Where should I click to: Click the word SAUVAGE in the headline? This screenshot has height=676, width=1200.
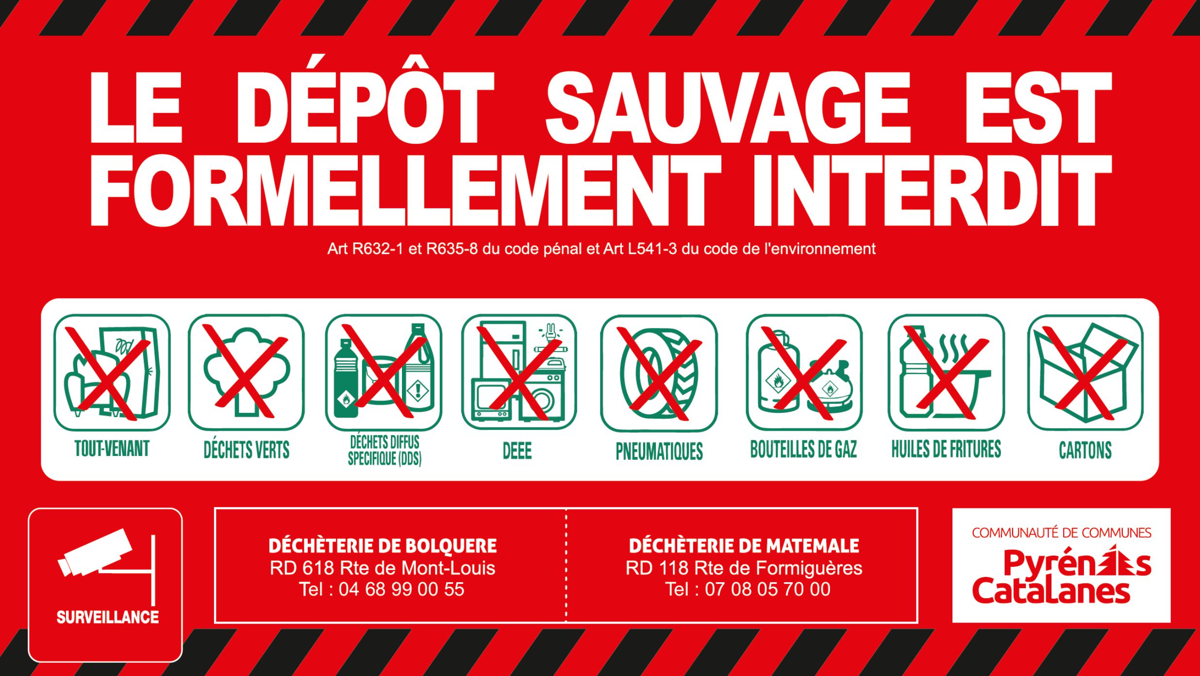click(x=728, y=108)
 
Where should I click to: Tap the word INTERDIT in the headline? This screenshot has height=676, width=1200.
click(x=932, y=191)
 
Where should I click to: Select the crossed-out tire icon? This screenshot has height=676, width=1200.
click(x=659, y=372)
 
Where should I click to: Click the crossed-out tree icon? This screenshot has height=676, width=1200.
click(x=246, y=372)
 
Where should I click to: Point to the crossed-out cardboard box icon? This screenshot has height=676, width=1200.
click(x=1085, y=372)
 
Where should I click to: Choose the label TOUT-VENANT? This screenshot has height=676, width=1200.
click(x=112, y=449)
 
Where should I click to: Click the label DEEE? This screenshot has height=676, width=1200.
click(x=517, y=451)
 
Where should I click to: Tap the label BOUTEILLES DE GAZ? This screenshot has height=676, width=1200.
click(x=803, y=449)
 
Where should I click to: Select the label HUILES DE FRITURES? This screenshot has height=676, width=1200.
click(x=946, y=449)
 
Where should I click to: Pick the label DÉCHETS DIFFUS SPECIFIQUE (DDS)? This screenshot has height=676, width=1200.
click(x=384, y=451)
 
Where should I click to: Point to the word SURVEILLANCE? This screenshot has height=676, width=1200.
click(x=108, y=617)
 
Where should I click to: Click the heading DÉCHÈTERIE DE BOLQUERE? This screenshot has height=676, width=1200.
click(x=383, y=546)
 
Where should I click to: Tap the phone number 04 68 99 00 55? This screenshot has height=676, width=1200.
click(x=401, y=590)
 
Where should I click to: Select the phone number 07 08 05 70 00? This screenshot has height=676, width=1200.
click(x=767, y=590)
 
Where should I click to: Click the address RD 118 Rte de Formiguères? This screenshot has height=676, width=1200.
click(x=744, y=568)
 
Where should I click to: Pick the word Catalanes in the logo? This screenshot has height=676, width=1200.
click(x=1051, y=591)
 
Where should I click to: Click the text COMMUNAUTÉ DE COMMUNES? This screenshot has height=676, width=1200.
click(x=1062, y=533)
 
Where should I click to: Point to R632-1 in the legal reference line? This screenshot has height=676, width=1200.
click(x=378, y=249)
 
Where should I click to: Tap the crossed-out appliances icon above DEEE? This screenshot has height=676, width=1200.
click(x=519, y=372)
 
